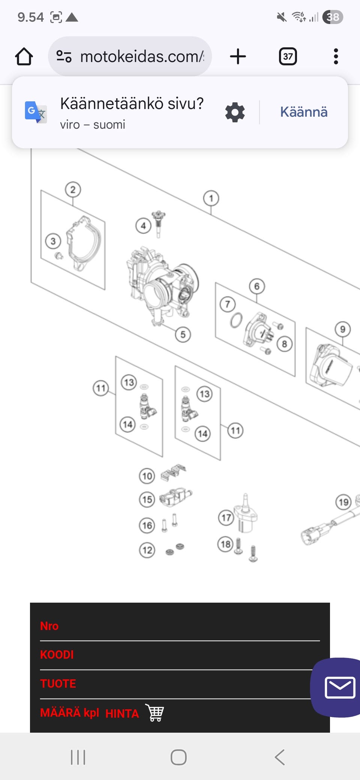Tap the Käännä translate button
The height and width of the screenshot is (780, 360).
[x=304, y=112]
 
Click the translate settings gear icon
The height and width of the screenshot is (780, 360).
[x=235, y=112]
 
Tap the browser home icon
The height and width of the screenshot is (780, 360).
[x=24, y=57]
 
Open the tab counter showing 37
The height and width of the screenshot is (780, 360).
[x=288, y=57]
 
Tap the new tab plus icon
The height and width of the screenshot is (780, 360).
[x=238, y=57]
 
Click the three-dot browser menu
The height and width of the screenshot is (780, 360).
[x=336, y=57]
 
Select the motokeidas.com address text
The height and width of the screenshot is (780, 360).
[x=142, y=57]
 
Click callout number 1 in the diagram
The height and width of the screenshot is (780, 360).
[x=211, y=198]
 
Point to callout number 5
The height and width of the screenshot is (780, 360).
[x=183, y=334]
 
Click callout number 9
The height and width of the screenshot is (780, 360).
[x=342, y=329]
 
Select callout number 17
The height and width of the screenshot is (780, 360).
[x=226, y=518]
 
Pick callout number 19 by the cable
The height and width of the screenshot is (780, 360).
[x=343, y=502]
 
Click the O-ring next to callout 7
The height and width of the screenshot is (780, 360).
[x=236, y=321]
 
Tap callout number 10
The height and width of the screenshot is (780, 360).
[x=147, y=476]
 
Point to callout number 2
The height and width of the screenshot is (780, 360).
[x=73, y=190]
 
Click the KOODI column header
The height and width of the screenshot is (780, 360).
[x=57, y=655]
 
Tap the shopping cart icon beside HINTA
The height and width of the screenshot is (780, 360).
[x=155, y=712]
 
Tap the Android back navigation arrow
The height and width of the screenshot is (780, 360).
[x=280, y=757]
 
